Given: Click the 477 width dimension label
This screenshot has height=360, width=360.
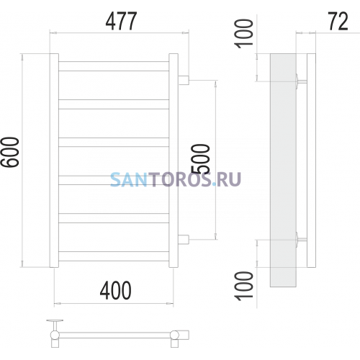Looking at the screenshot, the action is click(x=121, y=21).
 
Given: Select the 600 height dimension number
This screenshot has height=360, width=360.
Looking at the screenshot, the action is click(x=10, y=152).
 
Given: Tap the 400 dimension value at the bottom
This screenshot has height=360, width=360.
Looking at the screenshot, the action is click(x=116, y=290).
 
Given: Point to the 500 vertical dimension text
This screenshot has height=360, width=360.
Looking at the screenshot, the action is click(x=200, y=158).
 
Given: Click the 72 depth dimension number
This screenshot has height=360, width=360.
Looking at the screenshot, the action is click(x=338, y=21).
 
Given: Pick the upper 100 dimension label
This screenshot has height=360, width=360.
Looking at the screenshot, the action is click(x=243, y=34).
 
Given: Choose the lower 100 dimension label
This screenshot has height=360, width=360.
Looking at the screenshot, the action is click(x=243, y=286).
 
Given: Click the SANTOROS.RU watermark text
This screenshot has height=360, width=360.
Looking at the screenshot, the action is click(x=176, y=179).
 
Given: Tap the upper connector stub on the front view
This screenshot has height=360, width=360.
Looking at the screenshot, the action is click(x=184, y=80).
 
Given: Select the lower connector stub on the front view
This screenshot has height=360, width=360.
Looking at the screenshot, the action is click(x=184, y=240).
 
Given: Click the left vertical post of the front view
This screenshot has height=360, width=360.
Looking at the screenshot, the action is click(x=54, y=161).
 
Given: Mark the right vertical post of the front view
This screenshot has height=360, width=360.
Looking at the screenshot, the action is click(x=174, y=161).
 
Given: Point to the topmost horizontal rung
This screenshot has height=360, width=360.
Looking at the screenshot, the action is click(x=114, y=66).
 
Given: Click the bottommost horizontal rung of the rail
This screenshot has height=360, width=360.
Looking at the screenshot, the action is click(x=114, y=256).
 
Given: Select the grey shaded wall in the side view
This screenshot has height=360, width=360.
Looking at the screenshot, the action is click(x=283, y=170).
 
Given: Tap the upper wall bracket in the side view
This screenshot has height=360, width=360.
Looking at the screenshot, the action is click(x=301, y=81).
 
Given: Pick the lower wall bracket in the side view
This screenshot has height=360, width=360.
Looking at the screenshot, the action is click(x=301, y=240).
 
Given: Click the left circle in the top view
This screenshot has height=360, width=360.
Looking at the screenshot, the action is click(x=55, y=335).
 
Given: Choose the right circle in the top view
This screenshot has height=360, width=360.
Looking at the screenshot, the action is click(x=174, y=335).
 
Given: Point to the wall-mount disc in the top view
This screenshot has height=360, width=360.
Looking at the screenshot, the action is click(x=55, y=320).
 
